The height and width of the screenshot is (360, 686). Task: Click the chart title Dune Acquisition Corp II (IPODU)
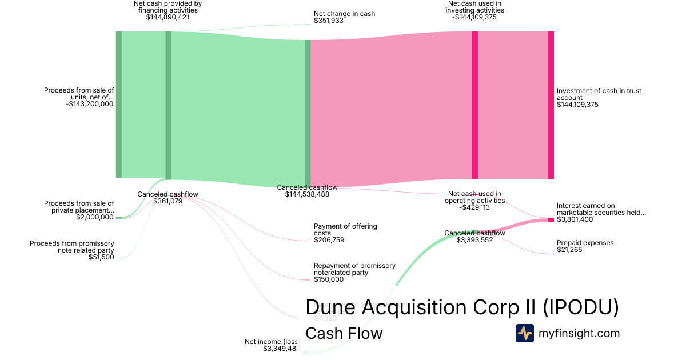click(462, 307)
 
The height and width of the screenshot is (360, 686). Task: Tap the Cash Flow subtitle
click(344, 333)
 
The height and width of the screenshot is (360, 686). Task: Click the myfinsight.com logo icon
click(524, 333)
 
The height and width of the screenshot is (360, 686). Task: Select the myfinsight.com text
click(579, 333)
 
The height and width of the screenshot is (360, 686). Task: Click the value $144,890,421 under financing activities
click(167, 17)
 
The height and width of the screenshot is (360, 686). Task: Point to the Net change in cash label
click(344, 14)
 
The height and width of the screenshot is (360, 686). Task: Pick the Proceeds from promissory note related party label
click(72, 247)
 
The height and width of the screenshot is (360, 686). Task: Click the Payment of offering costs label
click(345, 230)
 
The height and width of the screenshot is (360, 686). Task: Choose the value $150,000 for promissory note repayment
click(329, 279)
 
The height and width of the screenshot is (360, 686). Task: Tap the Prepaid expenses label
click(585, 243)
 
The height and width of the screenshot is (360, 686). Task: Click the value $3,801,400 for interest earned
click(575, 219)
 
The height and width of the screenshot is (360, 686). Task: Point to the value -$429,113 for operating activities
click(474, 207)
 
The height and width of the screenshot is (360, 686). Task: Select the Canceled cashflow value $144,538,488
click(307, 194)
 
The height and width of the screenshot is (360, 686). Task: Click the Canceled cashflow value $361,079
click(167, 201)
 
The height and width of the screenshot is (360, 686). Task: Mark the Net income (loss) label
click(272, 342)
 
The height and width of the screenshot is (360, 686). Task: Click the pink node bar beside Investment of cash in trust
click(551, 105)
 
